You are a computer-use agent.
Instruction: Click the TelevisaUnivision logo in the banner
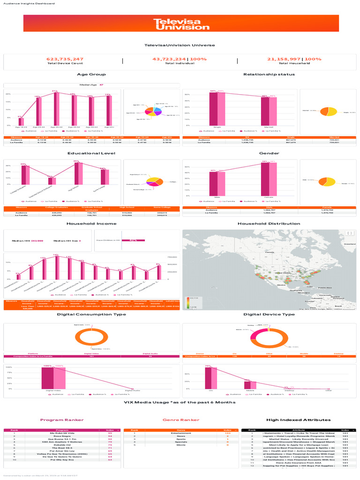(x=181, y=24)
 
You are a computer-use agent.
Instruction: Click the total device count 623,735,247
(x=65, y=59)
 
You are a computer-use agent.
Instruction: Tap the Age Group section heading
(x=91, y=75)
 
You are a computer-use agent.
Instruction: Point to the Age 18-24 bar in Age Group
(x=21, y=121)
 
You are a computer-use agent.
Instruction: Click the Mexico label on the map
(x=281, y=285)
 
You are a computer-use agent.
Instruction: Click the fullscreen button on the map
(x=349, y=233)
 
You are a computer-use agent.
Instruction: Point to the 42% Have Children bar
(x=133, y=240)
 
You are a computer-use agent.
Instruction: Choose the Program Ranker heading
(x=62, y=420)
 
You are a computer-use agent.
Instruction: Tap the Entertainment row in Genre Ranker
(x=180, y=432)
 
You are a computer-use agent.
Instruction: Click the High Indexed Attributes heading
(x=298, y=420)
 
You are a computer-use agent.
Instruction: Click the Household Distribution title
(x=269, y=224)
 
